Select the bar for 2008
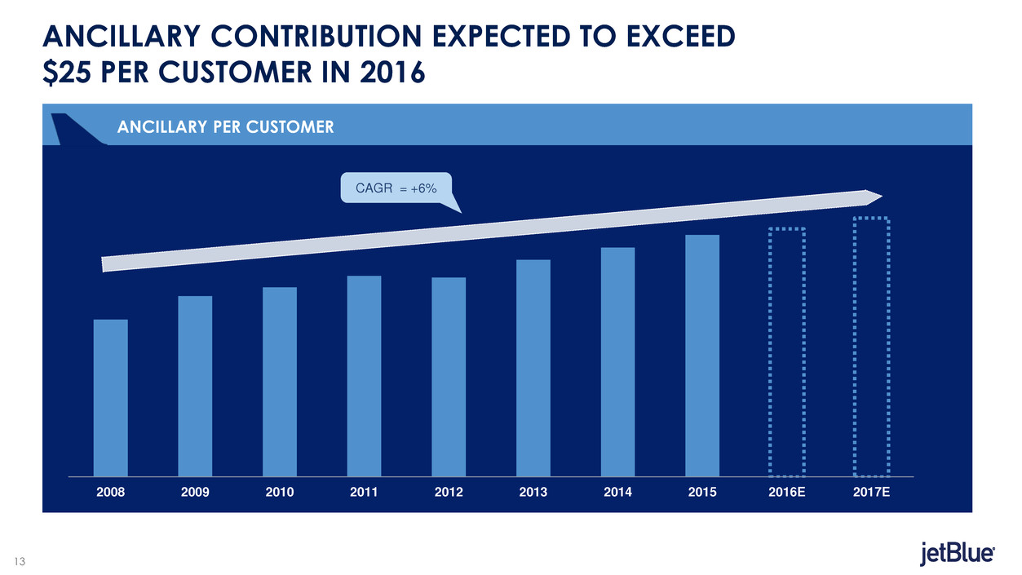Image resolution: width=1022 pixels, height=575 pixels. (110, 397)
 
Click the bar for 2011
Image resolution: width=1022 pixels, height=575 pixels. (364, 375)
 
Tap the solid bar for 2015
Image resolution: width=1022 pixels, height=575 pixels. (702, 355)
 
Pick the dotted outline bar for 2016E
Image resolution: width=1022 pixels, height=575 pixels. (787, 352)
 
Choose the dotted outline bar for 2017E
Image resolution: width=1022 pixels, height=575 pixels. (871, 346)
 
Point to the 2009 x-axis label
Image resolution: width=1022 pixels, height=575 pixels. (195, 492)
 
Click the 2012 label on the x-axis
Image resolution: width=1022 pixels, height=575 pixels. (449, 492)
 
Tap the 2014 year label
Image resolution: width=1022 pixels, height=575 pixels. (617, 492)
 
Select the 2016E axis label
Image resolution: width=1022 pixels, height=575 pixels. (787, 492)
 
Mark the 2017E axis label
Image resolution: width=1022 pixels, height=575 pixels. (872, 492)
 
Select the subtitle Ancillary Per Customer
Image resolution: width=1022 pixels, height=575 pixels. (226, 127)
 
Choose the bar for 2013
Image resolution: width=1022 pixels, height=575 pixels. (533, 367)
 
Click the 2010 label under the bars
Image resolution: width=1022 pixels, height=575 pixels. (280, 492)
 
